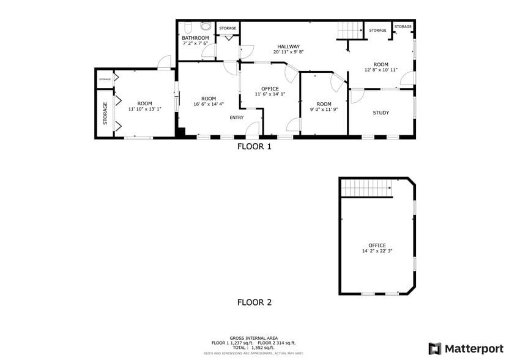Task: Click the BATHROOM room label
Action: click(195, 38)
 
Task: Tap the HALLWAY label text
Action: click(288, 47)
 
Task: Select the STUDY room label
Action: click(381, 112)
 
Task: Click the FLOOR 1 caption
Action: click(254, 146)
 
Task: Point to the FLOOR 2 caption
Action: click(254, 302)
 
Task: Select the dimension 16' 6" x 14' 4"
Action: click(209, 105)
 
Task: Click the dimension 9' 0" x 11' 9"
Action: click(324, 110)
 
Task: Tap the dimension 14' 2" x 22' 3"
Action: click(377, 251)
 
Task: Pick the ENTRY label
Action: click(237, 118)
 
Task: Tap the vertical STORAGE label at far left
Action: click(105, 114)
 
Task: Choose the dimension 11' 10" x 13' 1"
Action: click(144, 109)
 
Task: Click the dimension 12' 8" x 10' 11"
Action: click(381, 70)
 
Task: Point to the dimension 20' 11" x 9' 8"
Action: click(288, 52)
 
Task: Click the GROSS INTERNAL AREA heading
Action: click(254, 338)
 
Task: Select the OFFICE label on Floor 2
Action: click(377, 246)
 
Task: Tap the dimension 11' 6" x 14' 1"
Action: click(270, 94)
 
